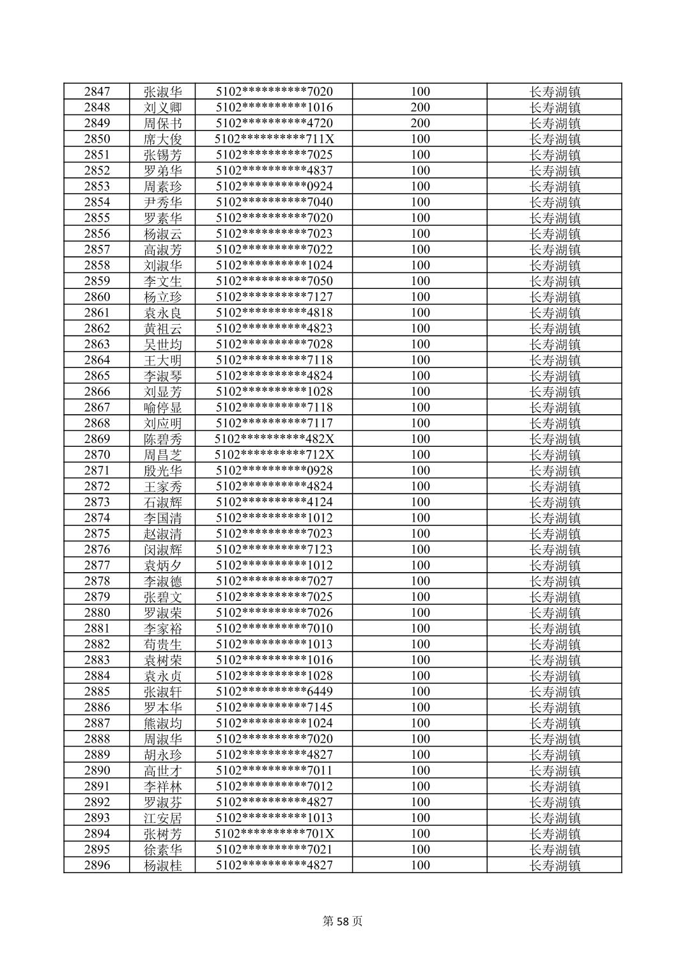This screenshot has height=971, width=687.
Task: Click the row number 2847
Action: pos(96,91)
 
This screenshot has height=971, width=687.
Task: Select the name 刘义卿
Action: pos(162,107)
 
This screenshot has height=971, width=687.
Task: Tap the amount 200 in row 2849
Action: pos(420,123)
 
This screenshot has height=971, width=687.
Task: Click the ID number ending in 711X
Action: pos(274,139)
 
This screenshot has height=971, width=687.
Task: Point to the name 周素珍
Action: pos(162,186)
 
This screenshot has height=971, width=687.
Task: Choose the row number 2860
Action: pos(96,297)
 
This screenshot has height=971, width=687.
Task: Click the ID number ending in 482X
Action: pos(274,439)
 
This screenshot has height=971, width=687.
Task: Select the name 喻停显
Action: pos(162,407)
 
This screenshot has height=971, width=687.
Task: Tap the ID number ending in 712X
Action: pos(274,454)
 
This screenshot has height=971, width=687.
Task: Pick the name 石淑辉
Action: pos(162,502)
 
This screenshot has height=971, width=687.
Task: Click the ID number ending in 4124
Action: pos(274,502)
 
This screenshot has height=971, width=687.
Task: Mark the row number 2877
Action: pos(96,565)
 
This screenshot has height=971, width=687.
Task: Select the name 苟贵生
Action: pos(162,644)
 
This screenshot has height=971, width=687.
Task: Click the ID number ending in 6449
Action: pos(274,691)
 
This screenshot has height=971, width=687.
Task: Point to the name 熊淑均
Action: pos(162,723)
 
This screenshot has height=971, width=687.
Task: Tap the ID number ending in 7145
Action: pos(274,707)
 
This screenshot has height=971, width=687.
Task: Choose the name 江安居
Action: pos(162,818)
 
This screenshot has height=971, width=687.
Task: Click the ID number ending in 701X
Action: pos(274,834)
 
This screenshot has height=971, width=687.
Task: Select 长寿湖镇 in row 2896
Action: pos(555,865)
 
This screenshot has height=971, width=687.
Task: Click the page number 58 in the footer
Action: pos(343,921)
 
